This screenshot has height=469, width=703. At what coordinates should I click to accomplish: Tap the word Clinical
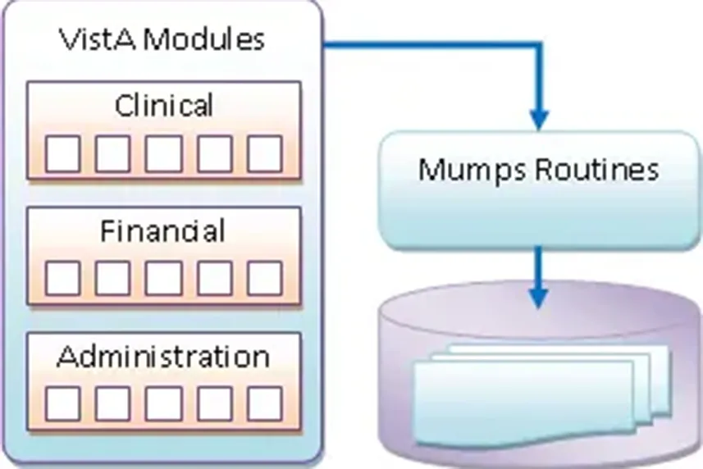163,106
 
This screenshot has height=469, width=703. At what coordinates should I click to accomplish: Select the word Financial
162,232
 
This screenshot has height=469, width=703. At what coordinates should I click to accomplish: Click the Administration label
162,357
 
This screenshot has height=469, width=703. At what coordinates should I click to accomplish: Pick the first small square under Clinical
62,153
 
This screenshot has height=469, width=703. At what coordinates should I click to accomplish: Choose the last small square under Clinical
264,153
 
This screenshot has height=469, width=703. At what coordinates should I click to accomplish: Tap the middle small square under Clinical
163,153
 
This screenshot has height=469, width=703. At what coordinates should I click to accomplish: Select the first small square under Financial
62,279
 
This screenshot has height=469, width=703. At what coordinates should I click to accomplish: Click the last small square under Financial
264,279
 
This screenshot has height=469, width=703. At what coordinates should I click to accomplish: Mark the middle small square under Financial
163,279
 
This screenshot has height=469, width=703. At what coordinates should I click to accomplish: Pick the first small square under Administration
62,403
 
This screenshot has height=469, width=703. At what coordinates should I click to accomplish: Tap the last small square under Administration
264,403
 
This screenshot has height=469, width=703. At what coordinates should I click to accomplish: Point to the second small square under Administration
112,403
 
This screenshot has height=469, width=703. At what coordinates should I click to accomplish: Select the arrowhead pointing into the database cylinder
538,297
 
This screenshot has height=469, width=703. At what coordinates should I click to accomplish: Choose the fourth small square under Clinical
214,153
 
